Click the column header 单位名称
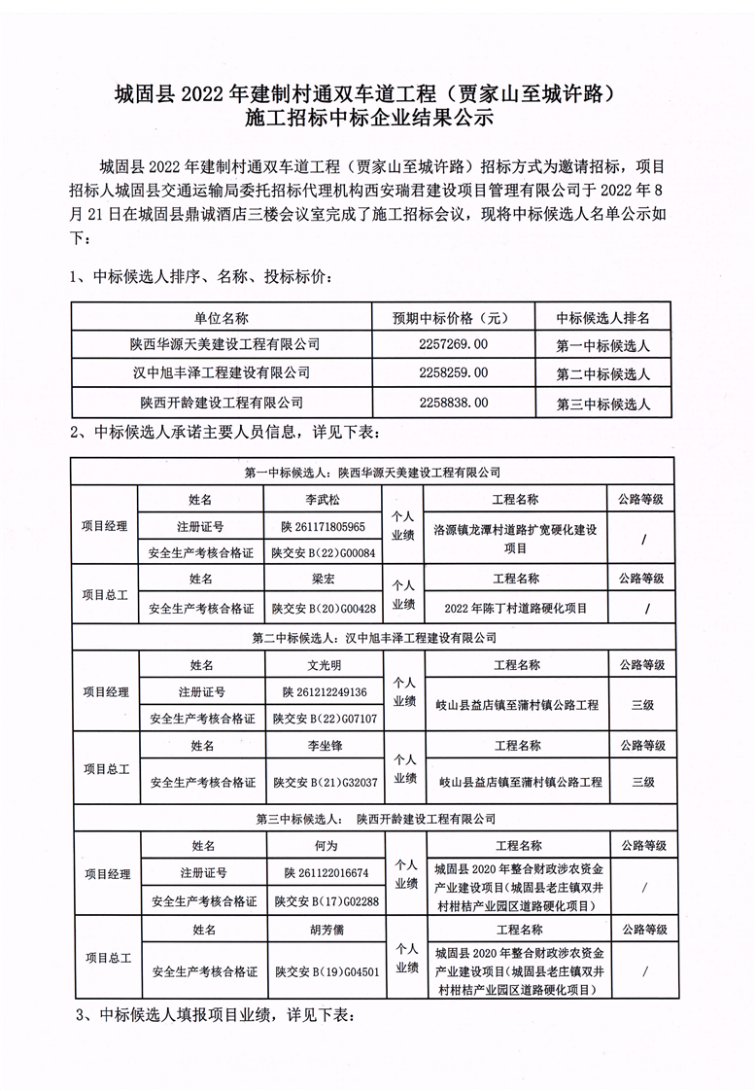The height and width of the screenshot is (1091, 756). tap(222, 318)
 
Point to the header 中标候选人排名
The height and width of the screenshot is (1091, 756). tap(602, 318)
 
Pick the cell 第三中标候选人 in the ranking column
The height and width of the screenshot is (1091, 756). tap(602, 403)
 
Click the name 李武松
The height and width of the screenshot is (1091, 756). tap(324, 499)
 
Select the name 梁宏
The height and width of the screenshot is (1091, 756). tap(324, 579)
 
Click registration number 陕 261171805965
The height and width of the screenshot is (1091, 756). tap(324, 526)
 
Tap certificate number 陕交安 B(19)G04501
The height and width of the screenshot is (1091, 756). tap(326, 970)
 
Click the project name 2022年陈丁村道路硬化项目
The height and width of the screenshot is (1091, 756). tap(515, 609)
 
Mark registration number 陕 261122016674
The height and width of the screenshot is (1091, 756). tap(326, 873)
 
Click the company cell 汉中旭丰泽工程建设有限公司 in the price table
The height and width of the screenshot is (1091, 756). tap(222, 372)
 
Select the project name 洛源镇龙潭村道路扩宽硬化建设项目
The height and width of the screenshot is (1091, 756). tap(515, 538)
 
